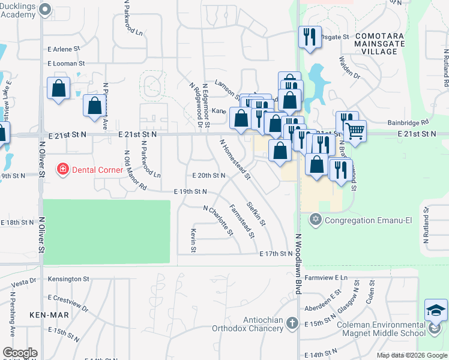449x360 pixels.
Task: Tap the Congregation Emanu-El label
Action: click(x=368, y=220)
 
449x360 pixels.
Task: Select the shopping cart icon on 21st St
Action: click(x=355, y=130)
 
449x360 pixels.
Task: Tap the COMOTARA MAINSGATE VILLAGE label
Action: click(x=384, y=44)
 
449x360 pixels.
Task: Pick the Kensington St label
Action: click(x=68, y=279)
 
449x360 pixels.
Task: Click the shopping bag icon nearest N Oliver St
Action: click(x=59, y=89)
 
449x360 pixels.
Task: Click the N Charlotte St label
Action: click(x=217, y=221)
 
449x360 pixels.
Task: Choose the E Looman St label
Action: click(x=67, y=63)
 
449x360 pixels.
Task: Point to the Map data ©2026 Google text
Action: click(x=411, y=355)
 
